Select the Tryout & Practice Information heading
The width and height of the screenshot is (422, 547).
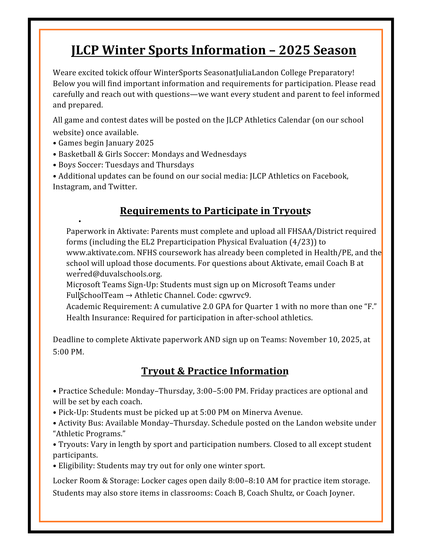tap(215, 371)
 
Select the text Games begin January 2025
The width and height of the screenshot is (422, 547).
tap(106, 143)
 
